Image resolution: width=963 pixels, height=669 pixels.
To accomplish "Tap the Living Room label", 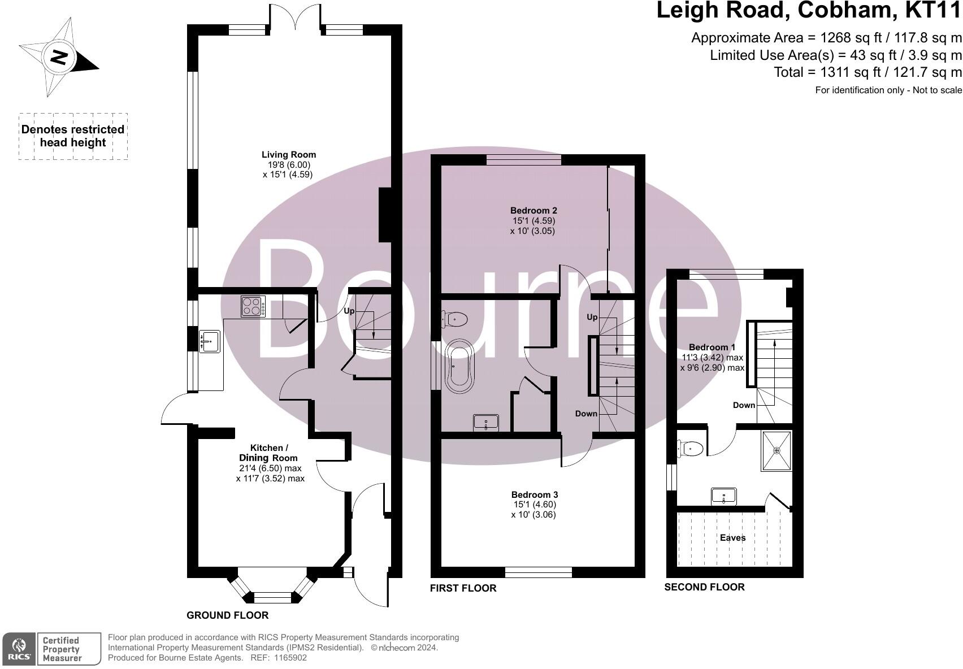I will pyautogui.click(x=288, y=154).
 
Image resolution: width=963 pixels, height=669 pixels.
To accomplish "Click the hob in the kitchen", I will pyautogui.click(x=253, y=306).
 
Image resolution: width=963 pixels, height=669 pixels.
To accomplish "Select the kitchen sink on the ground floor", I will pyautogui.click(x=210, y=341).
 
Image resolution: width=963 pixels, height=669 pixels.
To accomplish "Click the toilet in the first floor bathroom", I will pyautogui.click(x=456, y=319).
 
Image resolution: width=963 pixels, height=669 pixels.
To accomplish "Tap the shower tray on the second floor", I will pyautogui.click(x=777, y=450).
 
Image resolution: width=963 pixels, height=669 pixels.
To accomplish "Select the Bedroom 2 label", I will pyautogui.click(x=533, y=210).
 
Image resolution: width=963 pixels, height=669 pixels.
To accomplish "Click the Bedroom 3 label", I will pyautogui.click(x=534, y=494).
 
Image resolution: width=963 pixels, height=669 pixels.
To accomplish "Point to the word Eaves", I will pyautogui.click(x=732, y=537).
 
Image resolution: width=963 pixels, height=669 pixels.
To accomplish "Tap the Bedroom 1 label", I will pyautogui.click(x=712, y=347).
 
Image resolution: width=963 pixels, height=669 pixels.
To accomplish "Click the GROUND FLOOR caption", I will pyautogui.click(x=227, y=615).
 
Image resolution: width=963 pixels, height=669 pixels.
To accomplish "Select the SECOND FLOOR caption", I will pyautogui.click(x=704, y=587).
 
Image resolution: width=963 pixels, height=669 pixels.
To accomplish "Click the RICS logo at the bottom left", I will pyautogui.click(x=19, y=649).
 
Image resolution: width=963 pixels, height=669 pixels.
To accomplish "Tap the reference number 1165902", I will pyautogui.click(x=290, y=658).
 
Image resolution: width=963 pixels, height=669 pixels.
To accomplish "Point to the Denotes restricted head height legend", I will pyautogui.click(x=73, y=136).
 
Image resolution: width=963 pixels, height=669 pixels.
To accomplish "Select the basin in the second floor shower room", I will pyautogui.click(x=724, y=497).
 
